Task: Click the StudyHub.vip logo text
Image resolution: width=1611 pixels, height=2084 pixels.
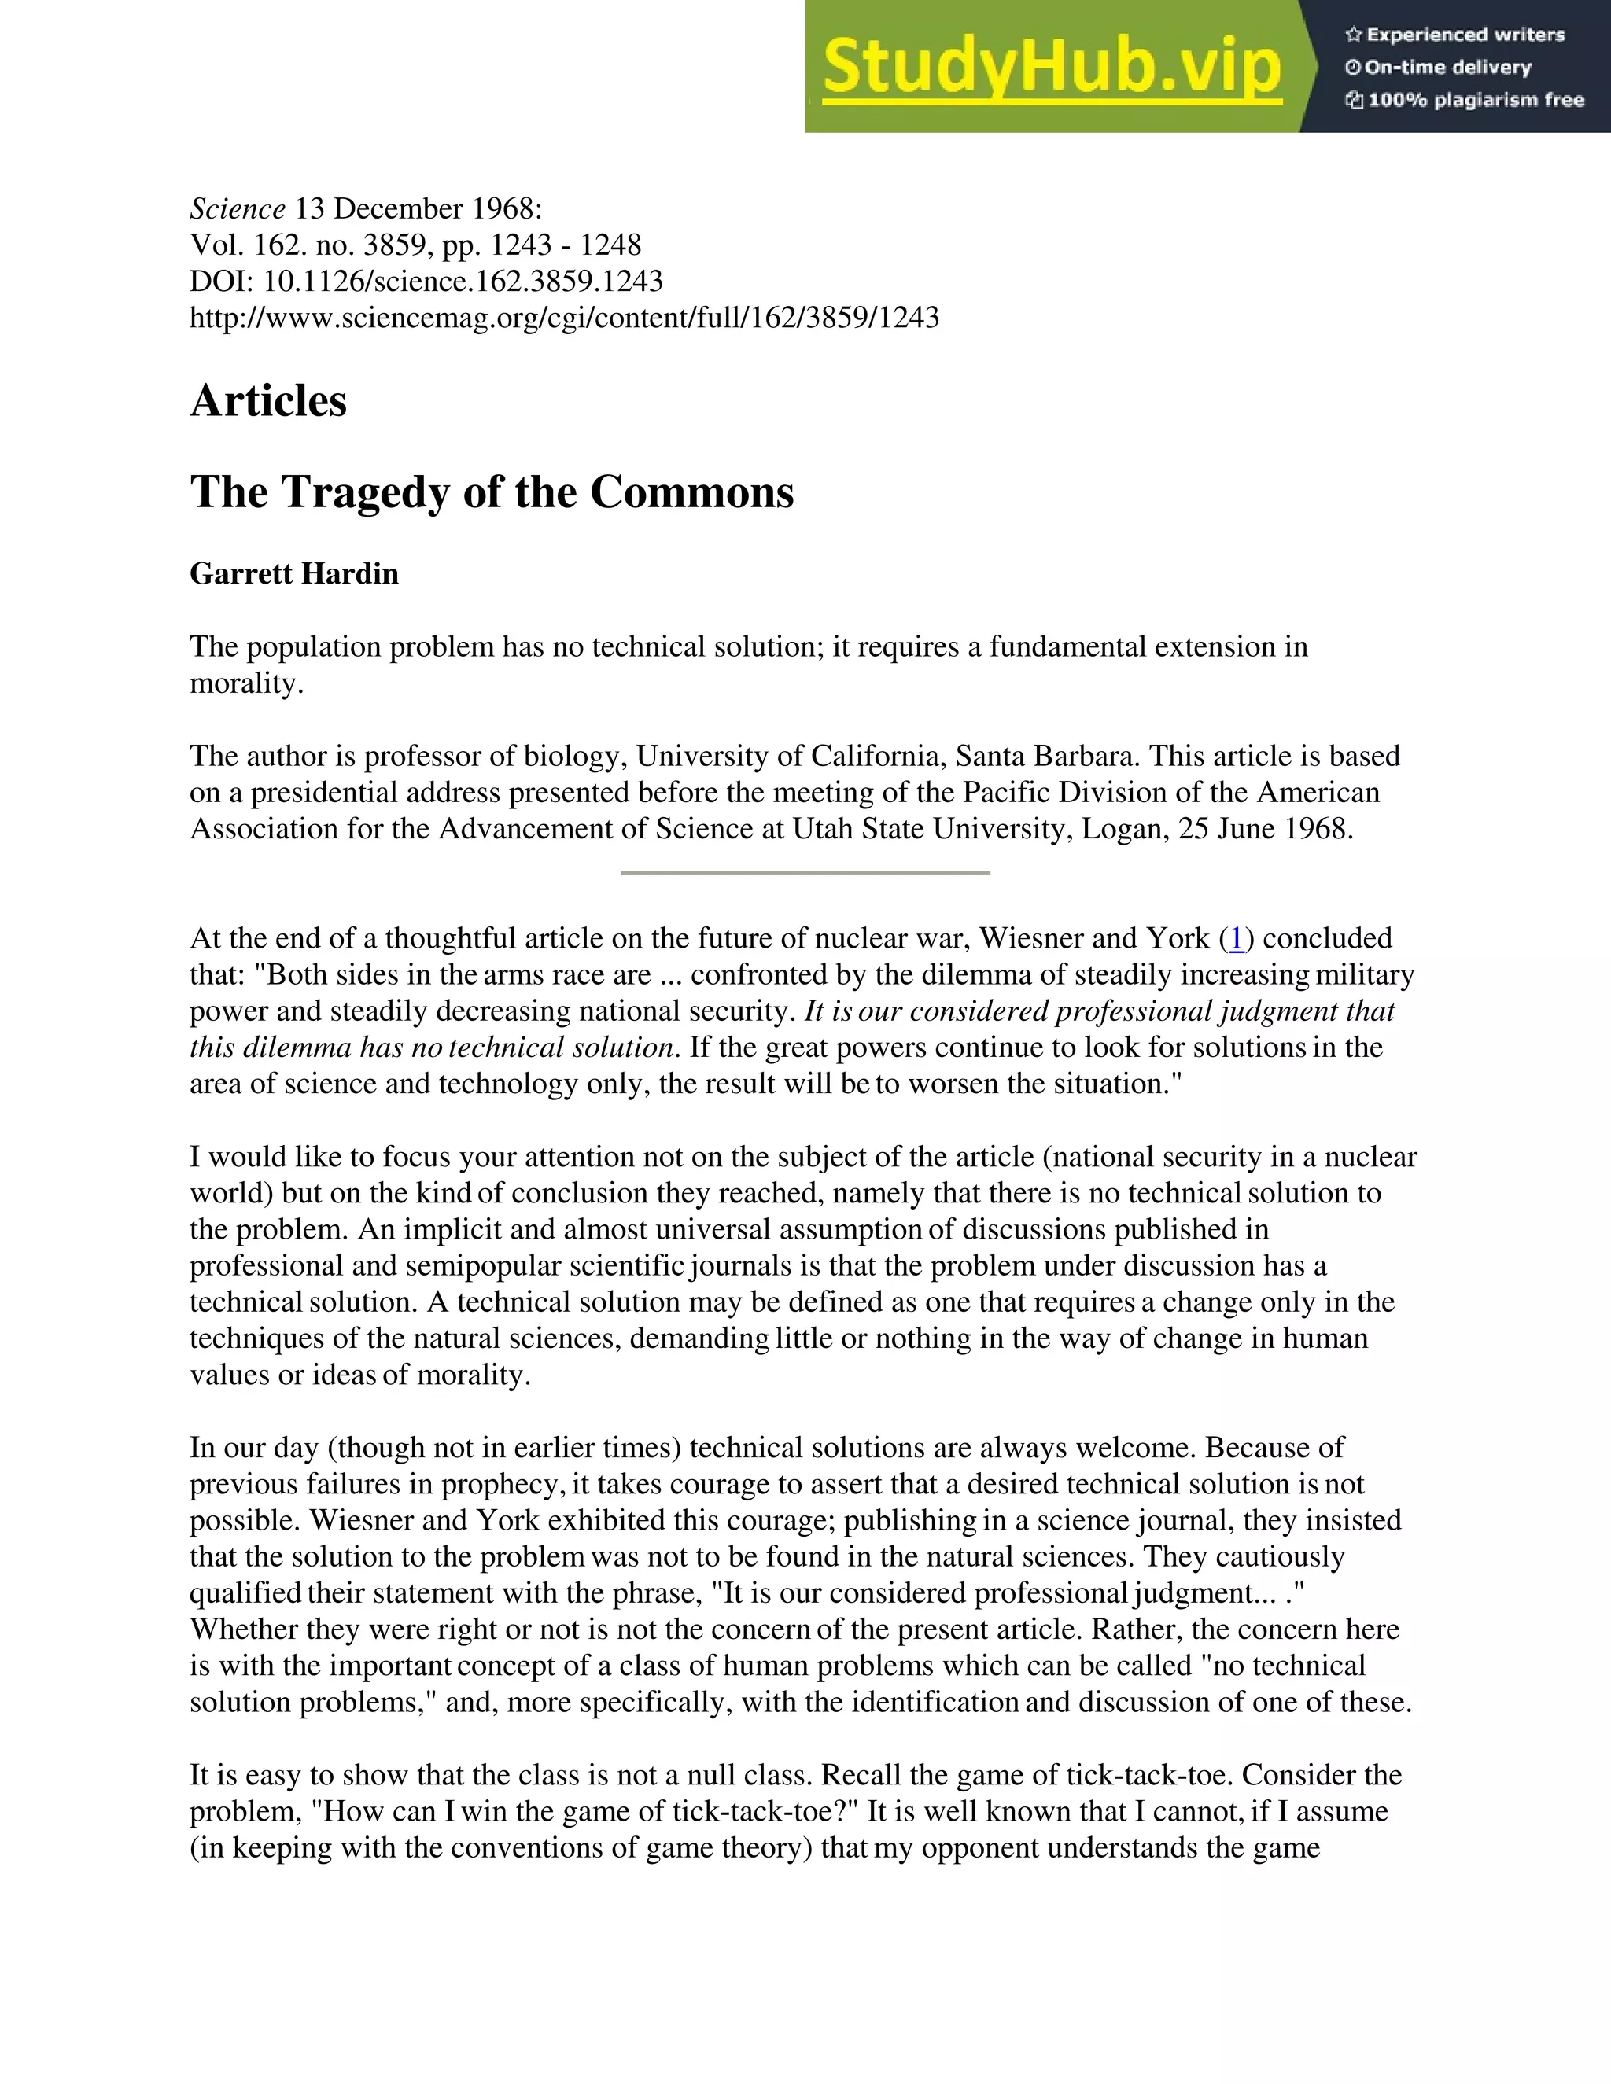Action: [x=1051, y=67]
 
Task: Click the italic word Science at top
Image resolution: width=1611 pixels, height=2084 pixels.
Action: [x=238, y=209]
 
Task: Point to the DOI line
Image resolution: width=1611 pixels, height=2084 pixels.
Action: [x=426, y=282]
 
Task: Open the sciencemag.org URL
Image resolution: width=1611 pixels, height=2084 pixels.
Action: [x=564, y=318]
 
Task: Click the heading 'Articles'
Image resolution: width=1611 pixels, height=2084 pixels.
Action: [x=268, y=401]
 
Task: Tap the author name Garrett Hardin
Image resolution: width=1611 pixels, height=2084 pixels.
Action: [x=294, y=573]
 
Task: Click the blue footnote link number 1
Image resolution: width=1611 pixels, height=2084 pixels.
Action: [x=1236, y=939]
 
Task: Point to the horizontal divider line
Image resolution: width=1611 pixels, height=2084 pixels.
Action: [x=805, y=872]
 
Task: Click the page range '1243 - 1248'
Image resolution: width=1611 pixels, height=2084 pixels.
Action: [x=565, y=245]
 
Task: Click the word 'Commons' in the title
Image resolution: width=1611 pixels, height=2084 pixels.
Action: [x=692, y=493]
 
